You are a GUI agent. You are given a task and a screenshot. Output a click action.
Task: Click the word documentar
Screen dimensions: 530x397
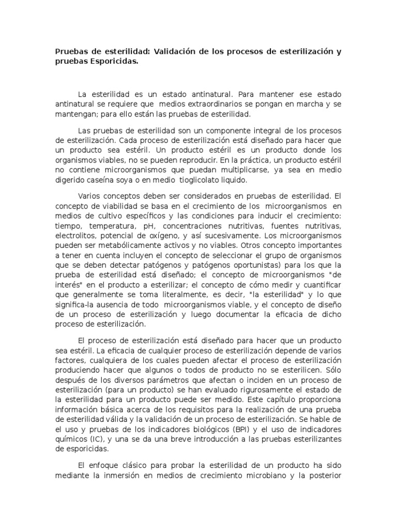252,314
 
